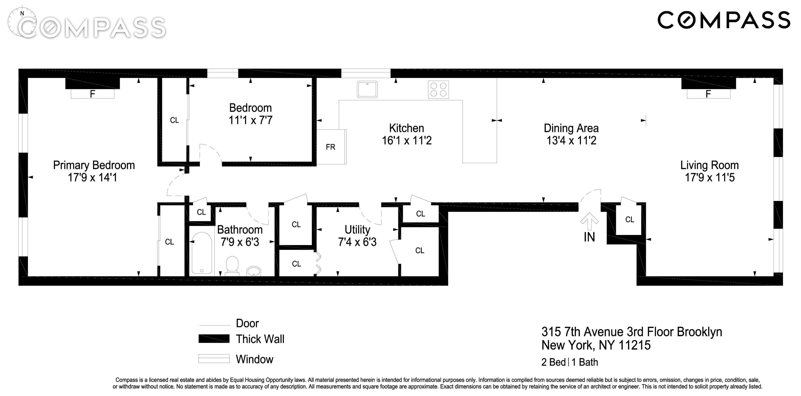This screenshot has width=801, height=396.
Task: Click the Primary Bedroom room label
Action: coord(94,165)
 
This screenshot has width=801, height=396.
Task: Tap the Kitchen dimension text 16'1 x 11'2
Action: coord(407,141)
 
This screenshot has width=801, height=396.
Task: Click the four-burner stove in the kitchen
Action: coord(438,90)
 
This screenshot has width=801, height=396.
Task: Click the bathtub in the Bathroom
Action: coord(202,253)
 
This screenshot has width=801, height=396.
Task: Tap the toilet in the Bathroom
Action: coord(232,266)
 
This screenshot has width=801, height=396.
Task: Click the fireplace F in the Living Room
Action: coord(708,94)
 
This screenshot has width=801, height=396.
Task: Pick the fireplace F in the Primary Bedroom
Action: coord(92,94)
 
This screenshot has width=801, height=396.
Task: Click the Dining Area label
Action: coord(571,128)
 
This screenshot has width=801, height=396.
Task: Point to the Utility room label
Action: coord(357,230)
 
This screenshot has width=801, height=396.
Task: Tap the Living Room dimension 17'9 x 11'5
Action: coord(710,178)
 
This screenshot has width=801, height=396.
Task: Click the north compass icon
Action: coord(22,22)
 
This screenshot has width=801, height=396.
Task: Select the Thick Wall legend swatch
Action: coord(214,339)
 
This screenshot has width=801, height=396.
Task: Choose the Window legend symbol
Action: coord(214,359)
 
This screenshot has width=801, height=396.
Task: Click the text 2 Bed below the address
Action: coord(553,362)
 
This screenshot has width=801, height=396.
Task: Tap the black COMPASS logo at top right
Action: coord(724,20)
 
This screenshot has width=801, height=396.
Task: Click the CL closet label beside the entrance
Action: coord(630,219)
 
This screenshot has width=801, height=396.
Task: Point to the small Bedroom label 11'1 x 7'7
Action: coord(251,120)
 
